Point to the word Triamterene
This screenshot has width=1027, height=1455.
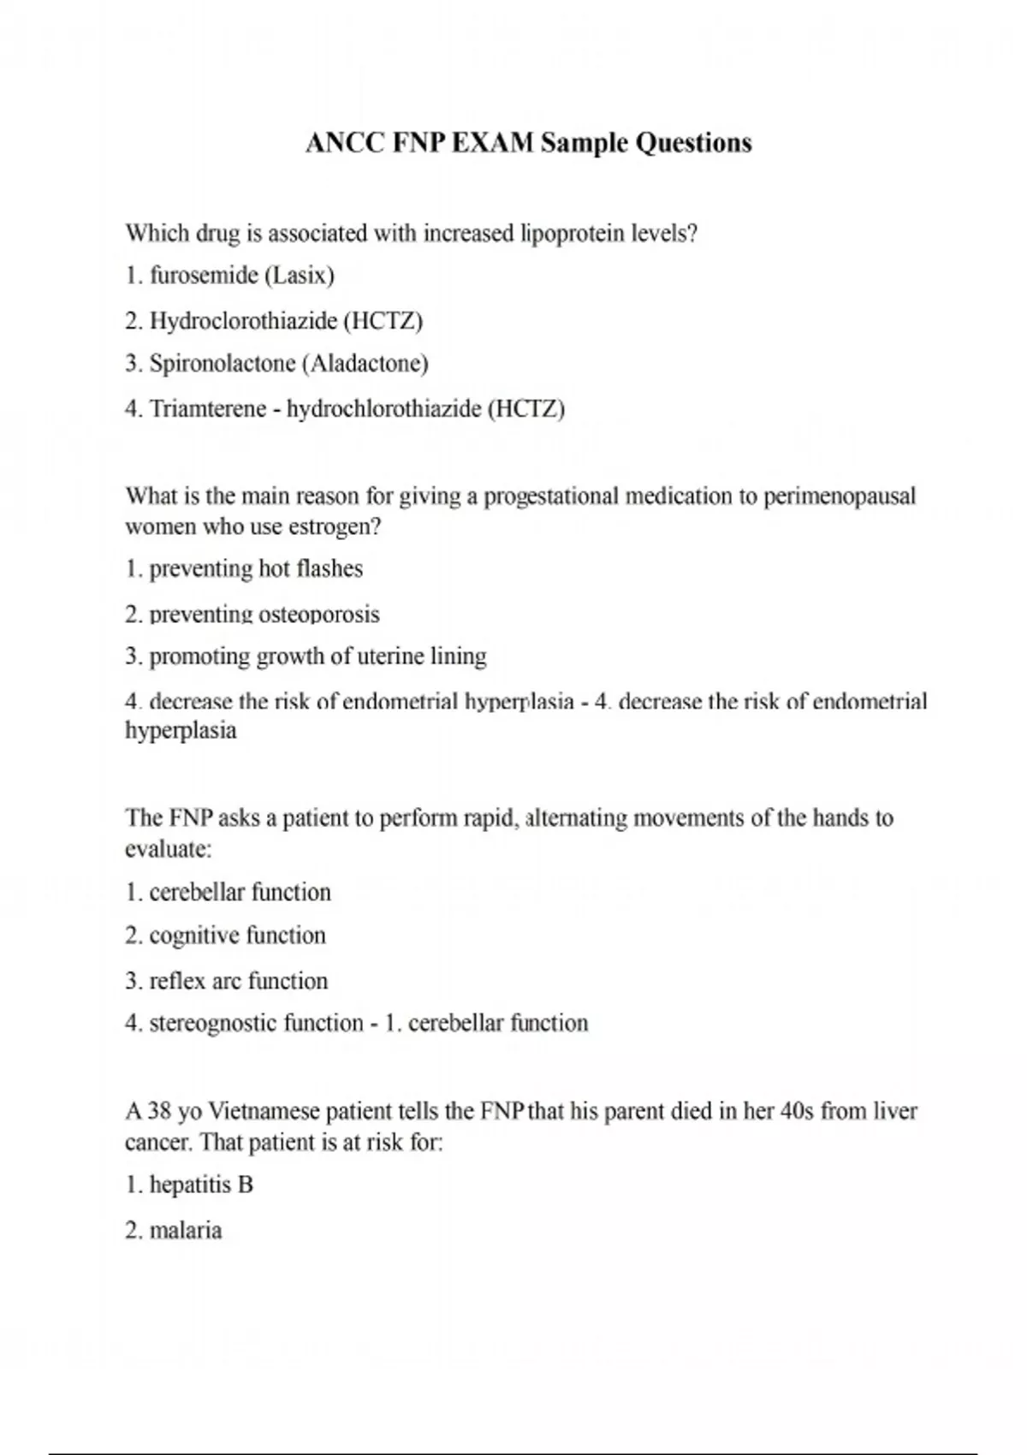point(208,409)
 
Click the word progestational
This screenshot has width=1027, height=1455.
point(551,496)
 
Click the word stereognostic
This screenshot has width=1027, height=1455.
point(214,1024)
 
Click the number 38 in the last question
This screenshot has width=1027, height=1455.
point(160,1112)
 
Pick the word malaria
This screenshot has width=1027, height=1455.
point(185,1231)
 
